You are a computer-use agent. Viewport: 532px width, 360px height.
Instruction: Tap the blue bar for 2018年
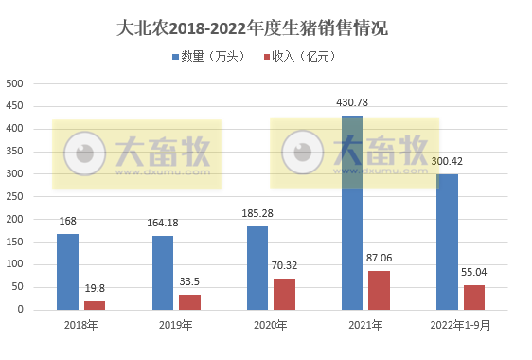[67, 272]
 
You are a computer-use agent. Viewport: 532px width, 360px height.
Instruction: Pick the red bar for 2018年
[95, 305]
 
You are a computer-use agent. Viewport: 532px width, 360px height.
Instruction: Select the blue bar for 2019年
[163, 273]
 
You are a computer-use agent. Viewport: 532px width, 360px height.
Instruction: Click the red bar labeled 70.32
[284, 294]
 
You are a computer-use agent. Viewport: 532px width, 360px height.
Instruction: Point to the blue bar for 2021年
[352, 213]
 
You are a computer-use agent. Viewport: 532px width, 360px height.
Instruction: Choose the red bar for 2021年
[379, 290]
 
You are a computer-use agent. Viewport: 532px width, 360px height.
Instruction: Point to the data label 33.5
[189, 283]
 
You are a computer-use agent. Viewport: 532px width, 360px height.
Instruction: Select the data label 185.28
[257, 213]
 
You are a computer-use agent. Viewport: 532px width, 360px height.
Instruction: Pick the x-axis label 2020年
[271, 326]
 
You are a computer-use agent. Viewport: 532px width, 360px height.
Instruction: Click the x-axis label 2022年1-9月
[460, 326]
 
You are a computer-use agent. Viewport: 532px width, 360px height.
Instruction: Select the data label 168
[67, 222]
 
